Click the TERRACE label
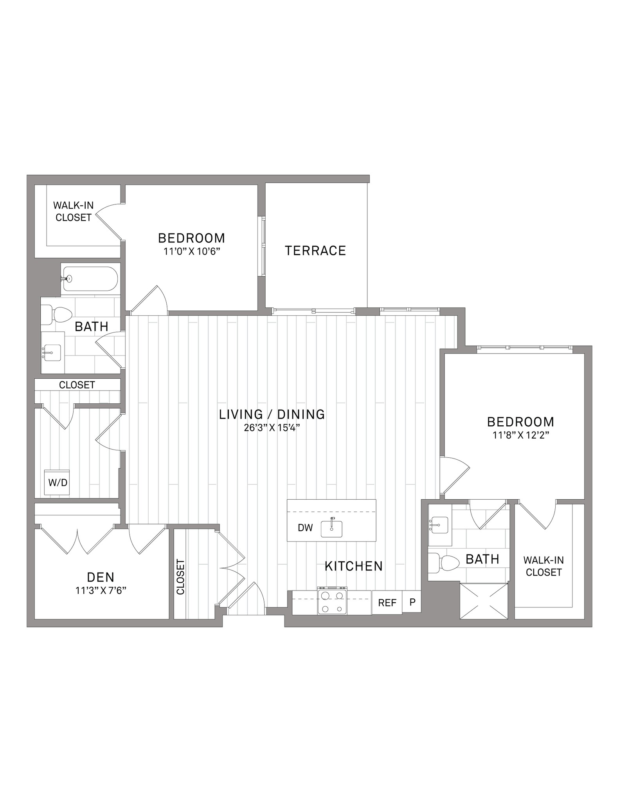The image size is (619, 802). pyautogui.click(x=315, y=251)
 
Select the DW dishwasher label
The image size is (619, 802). pyautogui.click(x=305, y=527)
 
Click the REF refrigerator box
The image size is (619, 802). pyautogui.click(x=387, y=603)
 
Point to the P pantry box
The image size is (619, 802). pyautogui.click(x=412, y=601)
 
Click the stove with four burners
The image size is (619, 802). pyautogui.click(x=332, y=603)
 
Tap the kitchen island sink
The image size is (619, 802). pyautogui.click(x=331, y=528)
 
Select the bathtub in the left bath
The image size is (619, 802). pyautogui.click(x=90, y=279)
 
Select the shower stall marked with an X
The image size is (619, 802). pyautogui.click(x=484, y=601)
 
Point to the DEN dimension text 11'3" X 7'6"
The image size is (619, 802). pyautogui.click(x=101, y=590)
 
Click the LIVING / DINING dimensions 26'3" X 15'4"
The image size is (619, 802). pyautogui.click(x=272, y=428)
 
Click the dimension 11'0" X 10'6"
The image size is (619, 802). pyautogui.click(x=192, y=251)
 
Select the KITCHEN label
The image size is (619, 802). pyautogui.click(x=354, y=566)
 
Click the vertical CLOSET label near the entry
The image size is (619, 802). pyautogui.click(x=180, y=577)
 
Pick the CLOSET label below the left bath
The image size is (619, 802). pyautogui.click(x=77, y=385)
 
